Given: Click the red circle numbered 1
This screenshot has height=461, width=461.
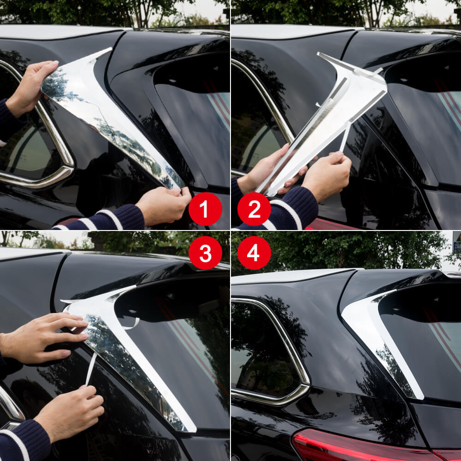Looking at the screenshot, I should (205, 209).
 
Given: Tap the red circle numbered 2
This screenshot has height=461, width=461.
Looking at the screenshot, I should (254, 209).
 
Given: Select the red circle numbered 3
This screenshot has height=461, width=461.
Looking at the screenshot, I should (205, 253).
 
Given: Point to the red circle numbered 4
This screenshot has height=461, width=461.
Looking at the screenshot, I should (254, 253).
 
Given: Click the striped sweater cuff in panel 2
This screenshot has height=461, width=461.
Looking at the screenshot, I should (288, 212).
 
